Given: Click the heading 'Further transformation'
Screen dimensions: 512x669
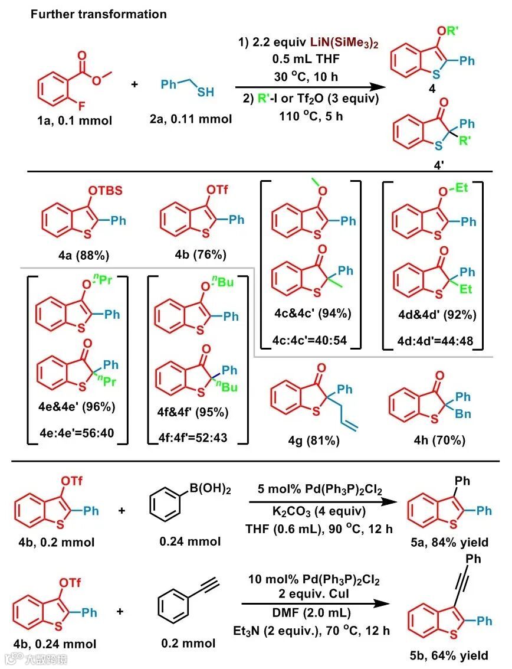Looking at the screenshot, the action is tap(99, 14).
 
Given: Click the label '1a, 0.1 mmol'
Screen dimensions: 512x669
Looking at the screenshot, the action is tap(70, 119).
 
